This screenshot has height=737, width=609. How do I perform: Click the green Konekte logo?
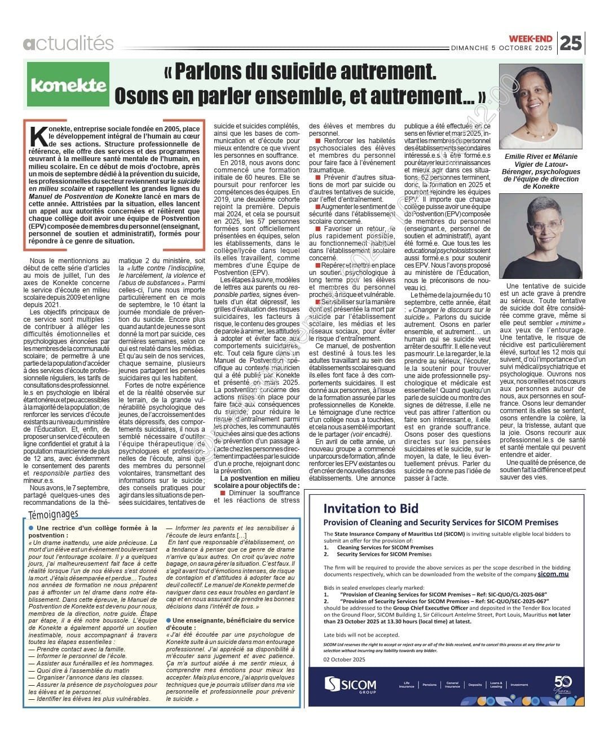click(x=68, y=85)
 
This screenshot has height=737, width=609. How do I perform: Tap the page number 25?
click(x=571, y=43)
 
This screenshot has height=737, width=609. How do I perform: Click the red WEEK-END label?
click(x=531, y=38)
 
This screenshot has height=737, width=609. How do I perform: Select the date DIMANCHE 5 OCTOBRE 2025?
click(x=502, y=48)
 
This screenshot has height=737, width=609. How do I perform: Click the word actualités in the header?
click(x=68, y=43)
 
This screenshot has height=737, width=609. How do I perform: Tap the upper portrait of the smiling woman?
click(x=541, y=106)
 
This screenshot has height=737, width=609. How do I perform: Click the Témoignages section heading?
click(x=53, y=513)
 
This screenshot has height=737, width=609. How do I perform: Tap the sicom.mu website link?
click(x=553, y=574)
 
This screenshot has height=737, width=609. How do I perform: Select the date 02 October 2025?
click(x=345, y=659)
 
